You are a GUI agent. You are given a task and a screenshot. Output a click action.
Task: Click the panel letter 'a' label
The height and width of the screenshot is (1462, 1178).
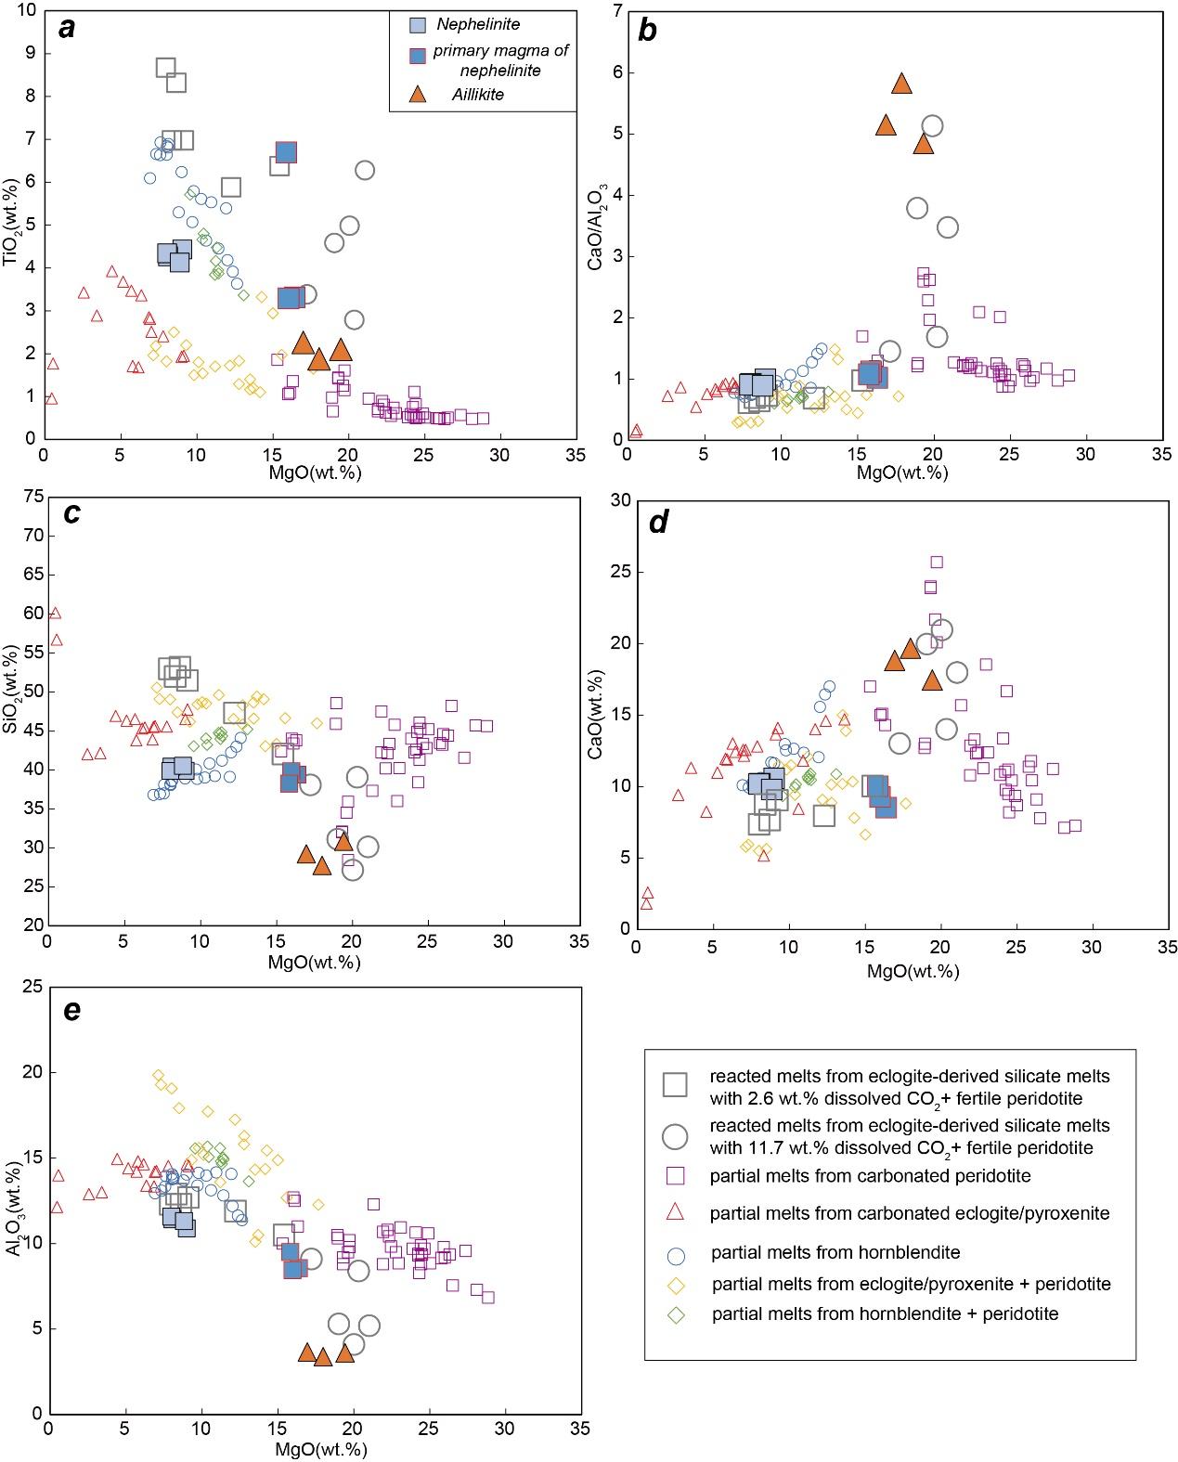[66, 29]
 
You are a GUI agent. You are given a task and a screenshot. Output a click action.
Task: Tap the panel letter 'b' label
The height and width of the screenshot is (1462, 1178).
[647, 31]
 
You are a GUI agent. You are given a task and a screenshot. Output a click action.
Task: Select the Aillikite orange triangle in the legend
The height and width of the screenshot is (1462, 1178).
[419, 95]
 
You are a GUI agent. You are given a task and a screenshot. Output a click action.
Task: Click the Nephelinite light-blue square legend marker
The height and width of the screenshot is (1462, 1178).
[419, 24]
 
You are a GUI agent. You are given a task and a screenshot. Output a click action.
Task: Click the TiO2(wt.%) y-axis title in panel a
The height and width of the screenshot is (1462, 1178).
[12, 226]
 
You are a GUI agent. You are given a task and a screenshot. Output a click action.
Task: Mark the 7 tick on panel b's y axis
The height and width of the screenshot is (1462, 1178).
[616, 11]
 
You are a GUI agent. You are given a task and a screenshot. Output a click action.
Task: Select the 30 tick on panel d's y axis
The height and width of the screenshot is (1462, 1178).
[615, 501]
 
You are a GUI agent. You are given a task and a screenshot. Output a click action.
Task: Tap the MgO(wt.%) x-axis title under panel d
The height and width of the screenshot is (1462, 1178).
[913, 971]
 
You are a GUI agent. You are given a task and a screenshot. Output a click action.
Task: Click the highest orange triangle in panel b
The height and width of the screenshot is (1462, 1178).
[901, 84]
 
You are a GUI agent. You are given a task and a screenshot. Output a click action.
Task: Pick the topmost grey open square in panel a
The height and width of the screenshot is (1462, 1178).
[166, 68]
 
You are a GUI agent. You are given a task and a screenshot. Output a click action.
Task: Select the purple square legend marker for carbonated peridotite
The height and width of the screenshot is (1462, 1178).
[676, 1175]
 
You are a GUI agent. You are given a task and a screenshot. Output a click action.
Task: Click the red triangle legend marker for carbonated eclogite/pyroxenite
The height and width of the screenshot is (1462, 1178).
[676, 1211]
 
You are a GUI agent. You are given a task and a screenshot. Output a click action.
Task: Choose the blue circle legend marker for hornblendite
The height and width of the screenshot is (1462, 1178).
[676, 1253]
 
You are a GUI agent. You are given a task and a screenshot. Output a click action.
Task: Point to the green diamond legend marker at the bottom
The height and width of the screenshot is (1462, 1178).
[676, 1314]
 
